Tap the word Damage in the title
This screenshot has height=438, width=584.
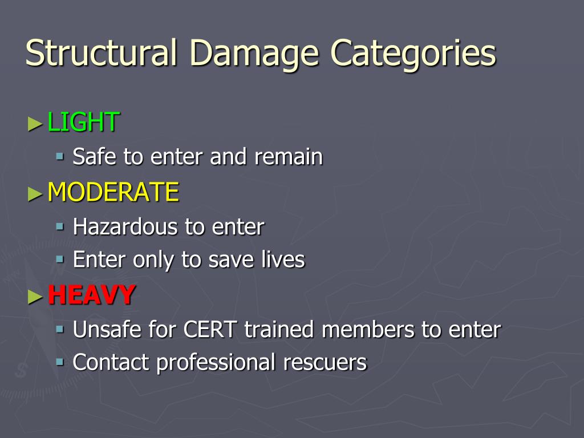(254, 53)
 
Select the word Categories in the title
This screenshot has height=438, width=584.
(414, 53)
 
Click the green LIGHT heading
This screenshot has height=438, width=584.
(83, 122)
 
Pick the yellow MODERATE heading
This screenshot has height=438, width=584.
(113, 192)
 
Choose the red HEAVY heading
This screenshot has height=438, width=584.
(91, 295)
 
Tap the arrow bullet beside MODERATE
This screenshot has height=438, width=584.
(35, 193)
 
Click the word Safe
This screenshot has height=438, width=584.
(95, 157)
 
